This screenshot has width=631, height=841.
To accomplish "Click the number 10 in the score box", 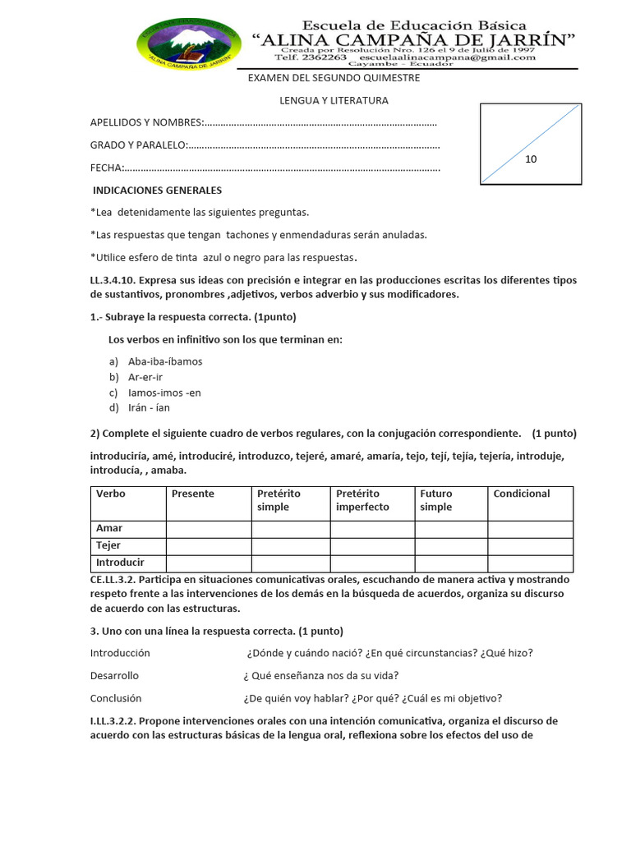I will click(x=531, y=159).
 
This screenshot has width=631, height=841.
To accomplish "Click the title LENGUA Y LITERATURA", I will click(x=334, y=100).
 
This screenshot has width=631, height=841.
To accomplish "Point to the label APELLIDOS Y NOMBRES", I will click(x=146, y=122).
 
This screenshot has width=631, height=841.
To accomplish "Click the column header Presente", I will click(x=192, y=494).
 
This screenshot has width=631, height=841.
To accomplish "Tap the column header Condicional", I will click(x=521, y=494).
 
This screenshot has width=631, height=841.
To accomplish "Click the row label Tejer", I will click(x=108, y=545).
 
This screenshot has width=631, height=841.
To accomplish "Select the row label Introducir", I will click(x=120, y=563).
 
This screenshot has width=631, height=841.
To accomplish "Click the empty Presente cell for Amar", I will click(x=209, y=528).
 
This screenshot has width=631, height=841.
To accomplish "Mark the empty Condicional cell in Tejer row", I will click(x=530, y=546).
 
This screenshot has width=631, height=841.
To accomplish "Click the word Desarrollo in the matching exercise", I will click(x=114, y=675).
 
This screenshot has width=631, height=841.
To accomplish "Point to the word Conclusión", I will click(x=116, y=698).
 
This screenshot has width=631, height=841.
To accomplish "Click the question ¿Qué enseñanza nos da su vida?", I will click(x=321, y=675).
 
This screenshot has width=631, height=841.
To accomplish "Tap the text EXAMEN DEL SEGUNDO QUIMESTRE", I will click(x=334, y=78).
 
